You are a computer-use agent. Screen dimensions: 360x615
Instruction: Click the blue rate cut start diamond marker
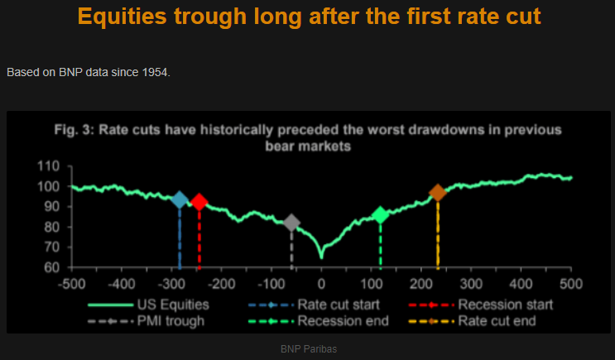180,199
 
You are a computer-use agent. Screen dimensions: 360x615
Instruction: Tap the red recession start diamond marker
199,202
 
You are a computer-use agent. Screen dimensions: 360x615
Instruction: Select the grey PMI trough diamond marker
291,223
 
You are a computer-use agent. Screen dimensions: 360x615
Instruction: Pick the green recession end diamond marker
380,215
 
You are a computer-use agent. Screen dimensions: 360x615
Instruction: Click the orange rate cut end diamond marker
438,193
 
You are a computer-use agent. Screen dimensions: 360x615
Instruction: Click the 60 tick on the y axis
53,267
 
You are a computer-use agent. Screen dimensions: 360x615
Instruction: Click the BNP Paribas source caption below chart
309,349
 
